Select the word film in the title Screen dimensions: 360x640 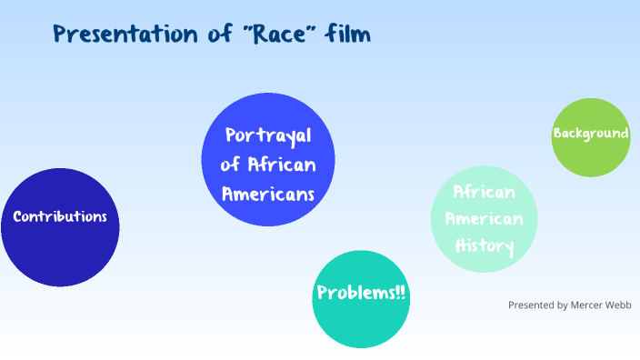350,35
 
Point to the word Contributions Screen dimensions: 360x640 60,216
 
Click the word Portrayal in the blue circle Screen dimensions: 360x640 268,135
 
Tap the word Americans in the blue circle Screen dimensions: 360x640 268,194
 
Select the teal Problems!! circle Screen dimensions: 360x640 362,323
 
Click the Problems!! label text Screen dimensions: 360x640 362,293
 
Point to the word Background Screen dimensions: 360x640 591,134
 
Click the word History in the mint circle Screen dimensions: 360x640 485,246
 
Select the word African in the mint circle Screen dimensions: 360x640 485,192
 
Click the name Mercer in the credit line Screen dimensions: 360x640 589,305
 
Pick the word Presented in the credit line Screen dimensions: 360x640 532,305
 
